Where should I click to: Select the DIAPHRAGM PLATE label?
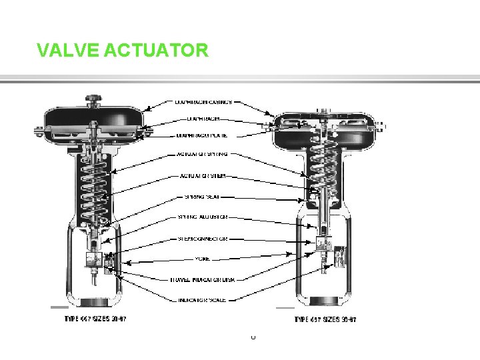click(x=202, y=135)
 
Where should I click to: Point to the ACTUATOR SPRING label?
click(x=203, y=153)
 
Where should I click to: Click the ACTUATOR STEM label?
click(x=203, y=176)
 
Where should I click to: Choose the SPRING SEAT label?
click(x=202, y=197)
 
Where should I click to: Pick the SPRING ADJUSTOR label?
click(x=203, y=217)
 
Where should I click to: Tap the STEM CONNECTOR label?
click(x=203, y=238)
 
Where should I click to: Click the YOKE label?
click(x=203, y=258)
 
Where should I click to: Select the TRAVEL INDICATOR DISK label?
click(x=203, y=279)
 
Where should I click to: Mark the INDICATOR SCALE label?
click(x=203, y=300)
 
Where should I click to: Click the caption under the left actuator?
click(x=95, y=319)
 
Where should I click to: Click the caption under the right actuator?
click(x=325, y=319)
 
